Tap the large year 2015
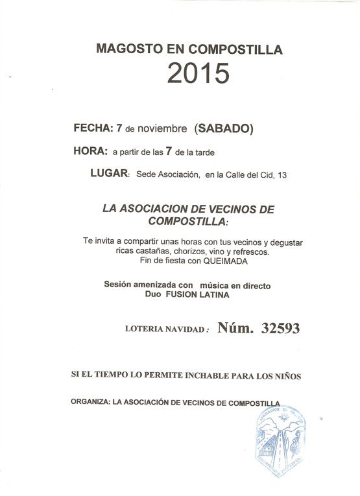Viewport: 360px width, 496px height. (198, 74)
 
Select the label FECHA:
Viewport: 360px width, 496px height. (93, 128)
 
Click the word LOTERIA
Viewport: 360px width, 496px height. (146, 329)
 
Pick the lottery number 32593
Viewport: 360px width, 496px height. (280, 328)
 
